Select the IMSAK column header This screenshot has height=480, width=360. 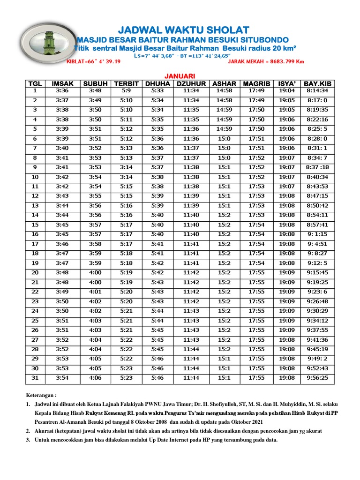62,84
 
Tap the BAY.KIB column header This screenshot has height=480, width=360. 317,84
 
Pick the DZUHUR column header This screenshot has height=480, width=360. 191,84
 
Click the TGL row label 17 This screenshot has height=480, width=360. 35,244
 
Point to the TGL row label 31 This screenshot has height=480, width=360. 35,378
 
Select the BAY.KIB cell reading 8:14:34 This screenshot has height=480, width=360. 317,91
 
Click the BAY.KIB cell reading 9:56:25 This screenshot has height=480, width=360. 317,378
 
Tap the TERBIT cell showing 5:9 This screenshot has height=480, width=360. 127,91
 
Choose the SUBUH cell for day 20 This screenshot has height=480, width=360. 96,272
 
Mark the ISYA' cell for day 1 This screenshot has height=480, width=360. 286,91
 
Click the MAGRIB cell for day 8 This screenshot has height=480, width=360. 256,158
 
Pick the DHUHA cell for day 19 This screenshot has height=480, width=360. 157,263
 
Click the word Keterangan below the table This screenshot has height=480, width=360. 41,395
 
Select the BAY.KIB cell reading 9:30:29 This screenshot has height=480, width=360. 317,311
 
